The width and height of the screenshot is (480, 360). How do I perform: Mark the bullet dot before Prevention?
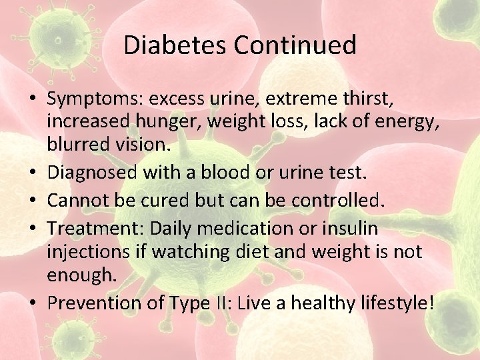point(33,304)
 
